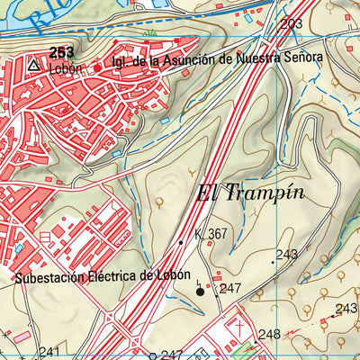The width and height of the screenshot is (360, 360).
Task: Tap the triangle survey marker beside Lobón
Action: click(x=33, y=66)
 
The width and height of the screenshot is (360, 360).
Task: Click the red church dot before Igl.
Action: click(x=97, y=67)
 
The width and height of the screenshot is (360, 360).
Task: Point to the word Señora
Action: click(x=300, y=57)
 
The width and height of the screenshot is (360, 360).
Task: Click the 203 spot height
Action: click(x=291, y=24)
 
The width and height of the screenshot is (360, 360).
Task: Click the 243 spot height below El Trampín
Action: click(x=286, y=255)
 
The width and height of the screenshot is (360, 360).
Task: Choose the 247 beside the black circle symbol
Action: click(x=231, y=289)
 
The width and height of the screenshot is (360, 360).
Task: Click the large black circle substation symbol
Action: click(x=201, y=291)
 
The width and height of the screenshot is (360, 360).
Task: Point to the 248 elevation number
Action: click(x=268, y=335)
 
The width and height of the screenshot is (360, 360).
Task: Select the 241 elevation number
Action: click(x=49, y=352)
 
